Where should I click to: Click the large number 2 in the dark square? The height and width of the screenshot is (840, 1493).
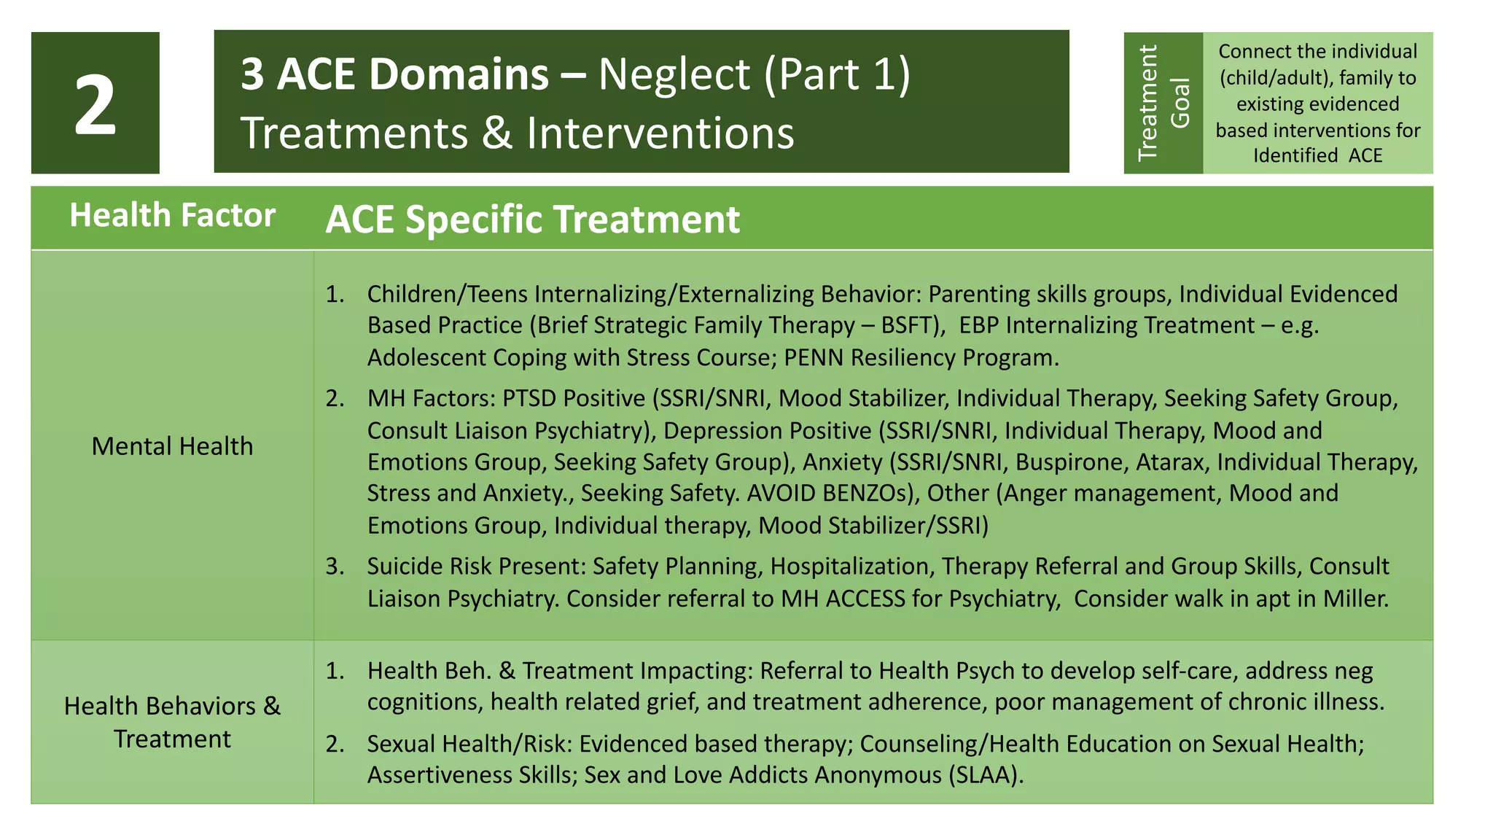click(x=95, y=106)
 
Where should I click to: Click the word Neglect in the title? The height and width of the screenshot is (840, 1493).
click(x=674, y=75)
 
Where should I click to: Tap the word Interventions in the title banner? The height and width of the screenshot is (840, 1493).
click(x=660, y=134)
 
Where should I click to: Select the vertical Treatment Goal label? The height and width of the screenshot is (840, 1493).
click(x=1163, y=103)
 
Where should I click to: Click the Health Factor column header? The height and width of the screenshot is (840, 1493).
click(x=172, y=216)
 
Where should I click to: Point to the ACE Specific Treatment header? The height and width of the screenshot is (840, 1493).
click(x=532, y=219)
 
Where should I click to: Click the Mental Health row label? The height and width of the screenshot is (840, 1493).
click(x=172, y=446)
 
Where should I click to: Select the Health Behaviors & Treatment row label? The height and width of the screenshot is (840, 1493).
click(x=172, y=722)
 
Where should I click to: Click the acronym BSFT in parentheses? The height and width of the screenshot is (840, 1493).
click(x=908, y=325)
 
